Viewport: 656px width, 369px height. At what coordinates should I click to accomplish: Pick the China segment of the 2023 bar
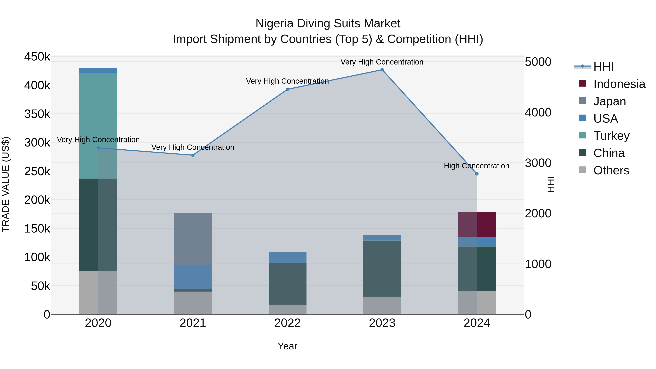(382, 269)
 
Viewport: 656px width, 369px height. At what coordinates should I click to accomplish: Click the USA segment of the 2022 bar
(288, 257)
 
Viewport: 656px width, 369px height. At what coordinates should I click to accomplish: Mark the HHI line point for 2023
(382, 70)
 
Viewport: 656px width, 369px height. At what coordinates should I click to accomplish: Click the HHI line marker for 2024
(477, 174)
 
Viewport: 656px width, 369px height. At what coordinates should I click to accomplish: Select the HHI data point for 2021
(193, 155)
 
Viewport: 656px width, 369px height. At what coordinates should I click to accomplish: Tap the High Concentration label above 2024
(477, 166)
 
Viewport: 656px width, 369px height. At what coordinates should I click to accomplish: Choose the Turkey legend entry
(611, 136)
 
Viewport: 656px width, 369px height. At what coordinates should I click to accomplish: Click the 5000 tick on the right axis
(538, 62)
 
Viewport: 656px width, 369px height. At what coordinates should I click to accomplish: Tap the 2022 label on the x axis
(288, 323)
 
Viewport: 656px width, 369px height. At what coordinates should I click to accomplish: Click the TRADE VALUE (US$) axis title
(6, 184)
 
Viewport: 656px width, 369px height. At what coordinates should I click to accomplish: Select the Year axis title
(288, 346)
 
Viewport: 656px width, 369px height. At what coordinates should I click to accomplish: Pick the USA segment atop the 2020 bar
(98, 71)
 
